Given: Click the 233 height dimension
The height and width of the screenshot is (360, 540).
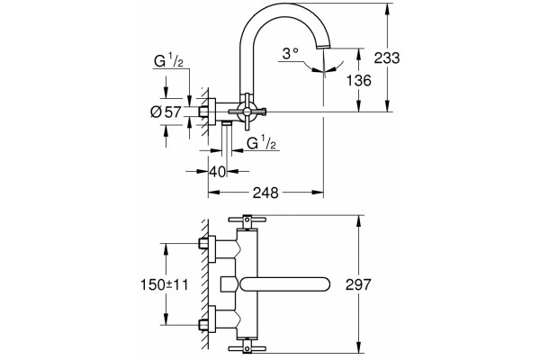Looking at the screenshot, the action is [x=387, y=58].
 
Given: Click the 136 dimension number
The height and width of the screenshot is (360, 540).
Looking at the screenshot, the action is [x=358, y=81].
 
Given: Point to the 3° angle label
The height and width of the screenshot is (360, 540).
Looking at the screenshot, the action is [x=290, y=53].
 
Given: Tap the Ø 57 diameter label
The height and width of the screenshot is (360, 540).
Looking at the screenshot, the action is [x=166, y=112].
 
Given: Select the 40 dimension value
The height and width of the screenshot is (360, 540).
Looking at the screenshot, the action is [x=218, y=172].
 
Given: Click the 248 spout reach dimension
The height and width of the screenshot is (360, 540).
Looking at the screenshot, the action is [x=265, y=193].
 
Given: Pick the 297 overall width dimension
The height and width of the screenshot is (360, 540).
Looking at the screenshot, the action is [x=358, y=284].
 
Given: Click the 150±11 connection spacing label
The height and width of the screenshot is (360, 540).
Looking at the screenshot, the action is [x=165, y=285].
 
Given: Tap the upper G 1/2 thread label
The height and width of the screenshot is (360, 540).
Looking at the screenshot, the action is [x=168, y=61].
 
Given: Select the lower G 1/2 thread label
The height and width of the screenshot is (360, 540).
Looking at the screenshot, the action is [x=262, y=142].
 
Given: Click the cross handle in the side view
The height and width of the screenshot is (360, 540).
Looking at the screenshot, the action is [x=247, y=111].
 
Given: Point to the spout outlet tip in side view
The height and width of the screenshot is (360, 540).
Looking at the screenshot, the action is [x=324, y=47].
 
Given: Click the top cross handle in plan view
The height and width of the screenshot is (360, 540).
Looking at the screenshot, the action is [x=247, y=220].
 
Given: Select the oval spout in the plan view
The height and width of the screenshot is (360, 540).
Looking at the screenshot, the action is [x=285, y=284].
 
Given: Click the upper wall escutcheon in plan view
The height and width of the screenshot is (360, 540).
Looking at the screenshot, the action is [x=211, y=247].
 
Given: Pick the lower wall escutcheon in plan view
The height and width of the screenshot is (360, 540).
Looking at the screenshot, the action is [x=211, y=319].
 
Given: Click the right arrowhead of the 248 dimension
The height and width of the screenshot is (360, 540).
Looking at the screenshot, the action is [x=318, y=193].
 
